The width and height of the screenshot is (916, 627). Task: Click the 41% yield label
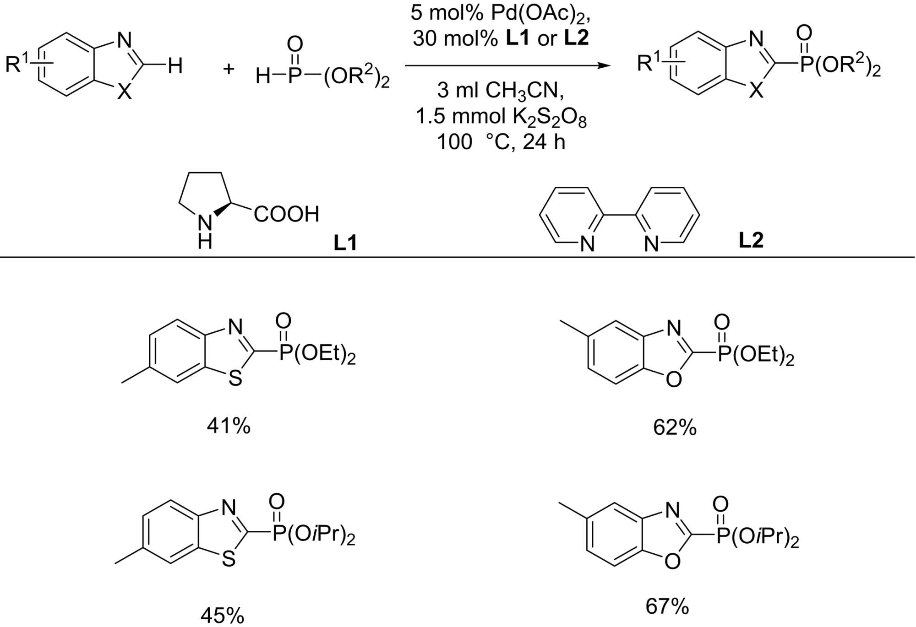click(x=229, y=427)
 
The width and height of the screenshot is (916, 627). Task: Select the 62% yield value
click(x=675, y=427)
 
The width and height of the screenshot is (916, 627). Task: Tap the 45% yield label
click(x=222, y=616)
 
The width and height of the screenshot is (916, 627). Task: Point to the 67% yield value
click(x=667, y=606)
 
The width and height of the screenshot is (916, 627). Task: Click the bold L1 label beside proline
click(x=345, y=243)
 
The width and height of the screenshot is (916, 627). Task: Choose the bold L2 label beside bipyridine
click(x=751, y=240)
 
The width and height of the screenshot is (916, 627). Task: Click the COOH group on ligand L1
click(x=286, y=214)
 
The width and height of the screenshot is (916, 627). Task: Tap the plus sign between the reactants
click(x=228, y=69)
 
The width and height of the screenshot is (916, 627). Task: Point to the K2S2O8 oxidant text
click(x=549, y=118)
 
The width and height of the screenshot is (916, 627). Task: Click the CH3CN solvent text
click(x=524, y=91)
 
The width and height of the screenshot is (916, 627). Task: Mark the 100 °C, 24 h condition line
click(x=501, y=142)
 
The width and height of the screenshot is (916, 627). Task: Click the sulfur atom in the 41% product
click(x=235, y=379)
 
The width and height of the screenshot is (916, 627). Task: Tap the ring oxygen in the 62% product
click(x=674, y=379)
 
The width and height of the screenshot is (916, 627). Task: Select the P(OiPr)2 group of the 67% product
click(x=758, y=536)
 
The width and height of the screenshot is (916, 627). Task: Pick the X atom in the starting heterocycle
click(x=124, y=92)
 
